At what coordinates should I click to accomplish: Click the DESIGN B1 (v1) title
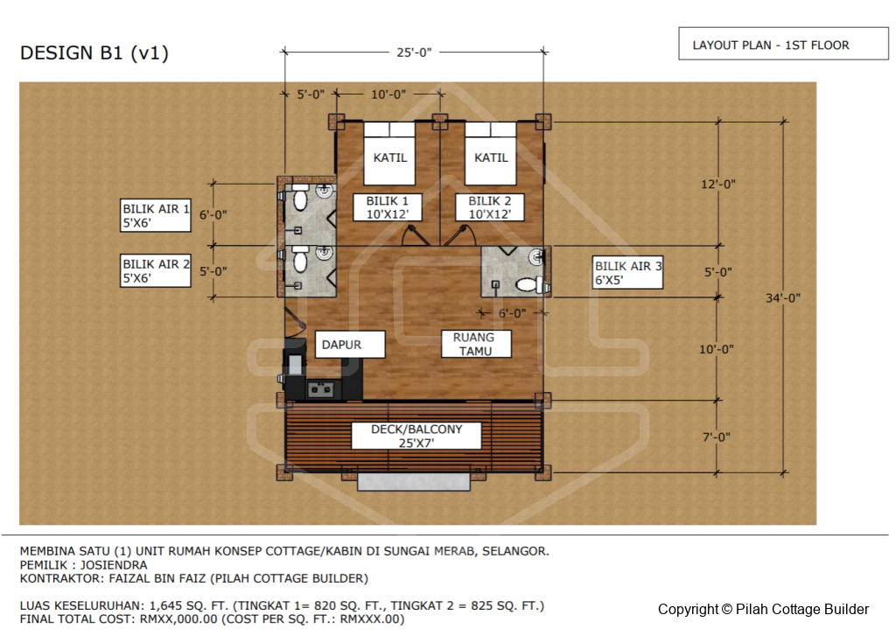point(94,53)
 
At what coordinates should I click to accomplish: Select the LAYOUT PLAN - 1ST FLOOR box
point(783,44)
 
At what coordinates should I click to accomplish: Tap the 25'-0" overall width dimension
point(414,52)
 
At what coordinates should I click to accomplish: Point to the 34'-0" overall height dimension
point(783,297)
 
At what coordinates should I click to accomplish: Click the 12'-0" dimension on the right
point(718,184)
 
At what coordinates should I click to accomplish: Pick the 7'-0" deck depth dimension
point(716,437)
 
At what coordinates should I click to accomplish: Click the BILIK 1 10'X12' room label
point(388,207)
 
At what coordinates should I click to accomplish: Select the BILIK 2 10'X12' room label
point(490,207)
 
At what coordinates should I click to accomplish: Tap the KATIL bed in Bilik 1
point(389,153)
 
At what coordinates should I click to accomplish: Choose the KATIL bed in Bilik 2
point(491,153)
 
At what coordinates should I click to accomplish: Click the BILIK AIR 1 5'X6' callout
point(156,215)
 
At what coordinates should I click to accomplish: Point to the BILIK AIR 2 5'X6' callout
point(156,270)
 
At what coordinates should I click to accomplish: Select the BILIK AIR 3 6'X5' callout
point(627,273)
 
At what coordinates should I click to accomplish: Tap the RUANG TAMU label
point(476,344)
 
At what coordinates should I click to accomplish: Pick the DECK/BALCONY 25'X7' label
point(416,436)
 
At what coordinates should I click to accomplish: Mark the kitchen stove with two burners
point(320,389)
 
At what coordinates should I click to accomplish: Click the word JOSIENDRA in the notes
point(113,565)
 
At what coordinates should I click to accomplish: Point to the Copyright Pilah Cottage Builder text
point(763,609)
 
